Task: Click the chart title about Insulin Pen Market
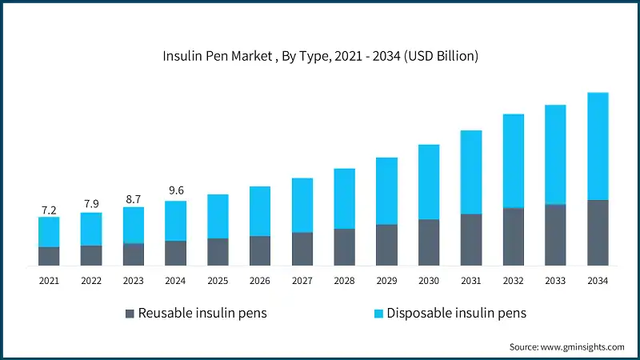click(320, 56)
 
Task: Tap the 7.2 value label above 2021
click(49, 210)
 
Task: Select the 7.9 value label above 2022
click(91, 204)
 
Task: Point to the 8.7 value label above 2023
click(134, 197)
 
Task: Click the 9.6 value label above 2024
click(175, 190)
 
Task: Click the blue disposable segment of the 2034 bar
click(598, 146)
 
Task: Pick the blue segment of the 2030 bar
click(429, 182)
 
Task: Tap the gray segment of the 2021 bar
click(49, 256)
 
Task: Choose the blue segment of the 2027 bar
click(302, 205)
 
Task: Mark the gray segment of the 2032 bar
click(513, 236)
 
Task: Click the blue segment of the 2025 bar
click(218, 216)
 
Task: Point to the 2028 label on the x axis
click(344, 281)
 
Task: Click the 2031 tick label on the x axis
click(471, 281)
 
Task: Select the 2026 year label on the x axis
click(260, 281)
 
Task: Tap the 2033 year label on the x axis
click(555, 281)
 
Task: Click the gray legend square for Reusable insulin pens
click(130, 313)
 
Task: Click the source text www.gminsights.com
click(566, 346)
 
